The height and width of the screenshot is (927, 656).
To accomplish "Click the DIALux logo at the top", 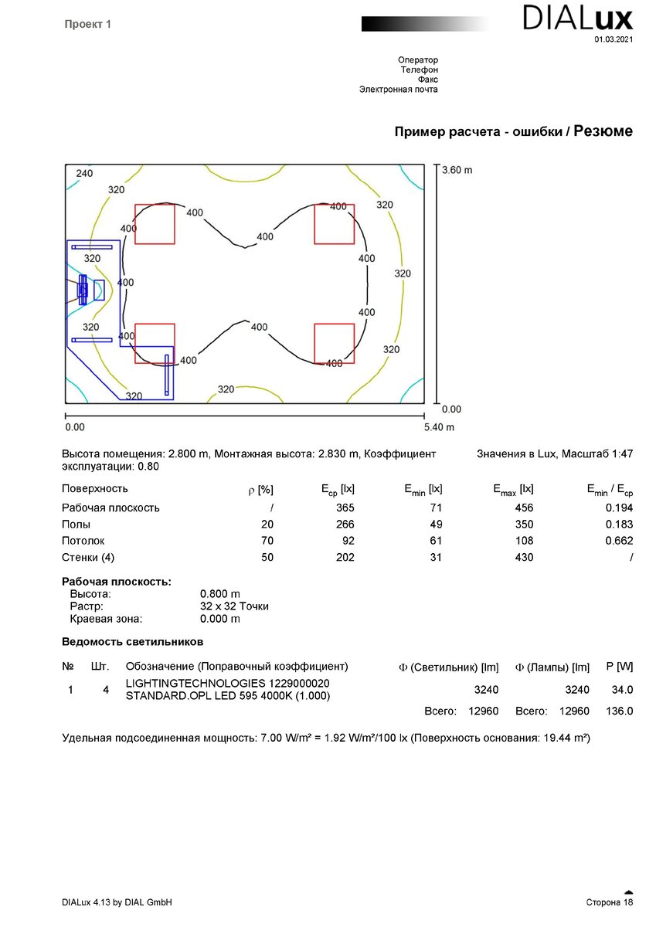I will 578,17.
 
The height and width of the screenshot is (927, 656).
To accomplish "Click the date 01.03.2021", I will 614,39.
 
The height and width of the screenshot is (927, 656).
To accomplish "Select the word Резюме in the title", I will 603,131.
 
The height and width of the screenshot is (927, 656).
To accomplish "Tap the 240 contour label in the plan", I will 84,174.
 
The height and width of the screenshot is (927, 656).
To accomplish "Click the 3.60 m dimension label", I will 457,170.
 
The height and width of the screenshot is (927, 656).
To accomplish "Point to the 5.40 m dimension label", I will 439,426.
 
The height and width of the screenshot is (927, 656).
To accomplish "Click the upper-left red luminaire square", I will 155,224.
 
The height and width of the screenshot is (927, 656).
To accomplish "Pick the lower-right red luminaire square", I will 334,343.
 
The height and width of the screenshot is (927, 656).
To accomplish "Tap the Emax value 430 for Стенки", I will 524,557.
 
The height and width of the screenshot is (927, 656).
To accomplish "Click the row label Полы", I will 76,525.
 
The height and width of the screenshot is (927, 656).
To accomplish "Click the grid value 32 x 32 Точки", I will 234,606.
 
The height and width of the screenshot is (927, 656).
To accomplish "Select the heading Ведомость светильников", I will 132,641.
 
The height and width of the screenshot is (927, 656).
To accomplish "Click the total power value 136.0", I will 620,711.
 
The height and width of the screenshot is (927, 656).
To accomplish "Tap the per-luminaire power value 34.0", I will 622,690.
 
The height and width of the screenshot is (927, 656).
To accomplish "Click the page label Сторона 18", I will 610,902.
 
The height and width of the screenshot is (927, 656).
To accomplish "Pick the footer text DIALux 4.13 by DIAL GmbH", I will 117,902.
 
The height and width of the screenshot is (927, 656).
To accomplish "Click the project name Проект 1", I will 88,25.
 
